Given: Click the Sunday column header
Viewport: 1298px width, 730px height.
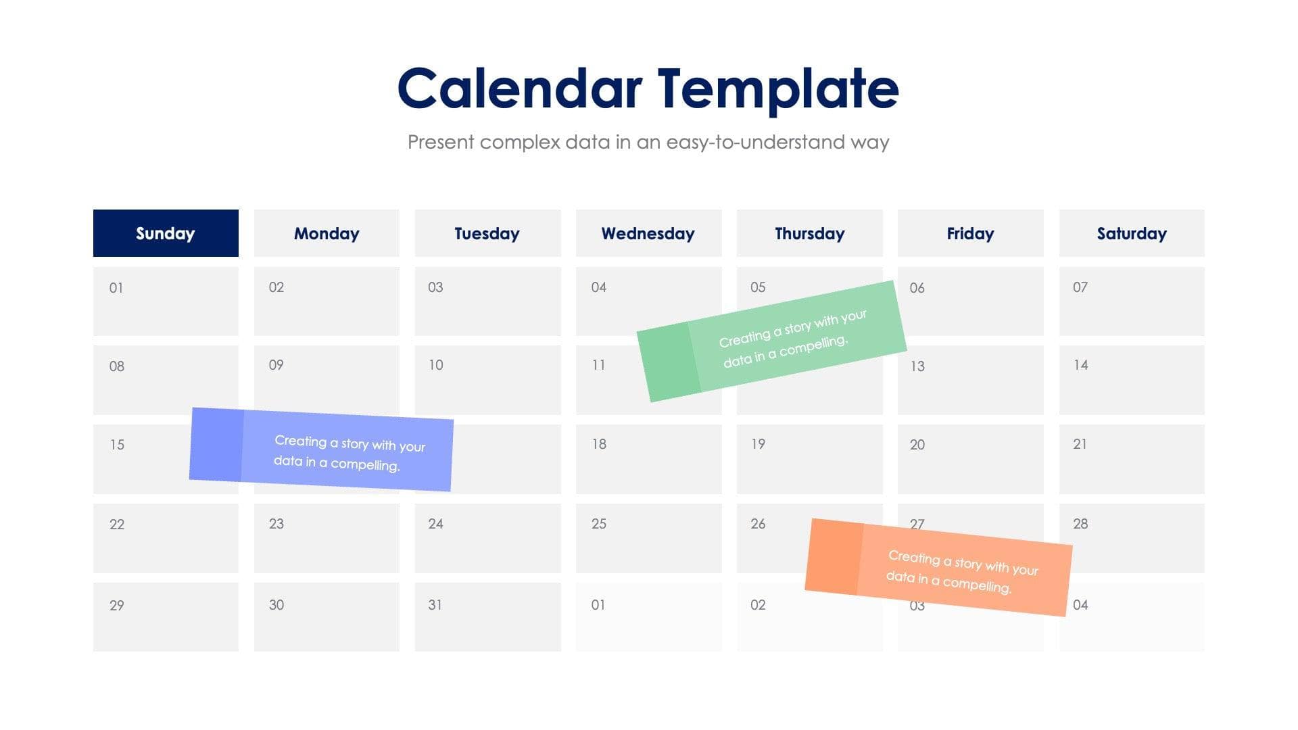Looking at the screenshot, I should pos(166,233).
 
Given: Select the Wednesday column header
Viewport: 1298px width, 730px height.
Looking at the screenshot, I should pos(648,233).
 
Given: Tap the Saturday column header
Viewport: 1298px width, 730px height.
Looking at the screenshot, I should pos(1131,233).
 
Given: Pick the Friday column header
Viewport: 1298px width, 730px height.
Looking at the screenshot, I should pos(970,233).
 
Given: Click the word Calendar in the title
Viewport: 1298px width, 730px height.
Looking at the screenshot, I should pos(519,89).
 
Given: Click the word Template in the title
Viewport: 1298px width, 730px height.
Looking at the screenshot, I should pos(777,89).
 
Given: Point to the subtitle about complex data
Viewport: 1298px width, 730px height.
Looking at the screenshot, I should pos(648,142).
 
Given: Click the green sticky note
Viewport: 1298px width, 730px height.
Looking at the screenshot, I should pos(772,341).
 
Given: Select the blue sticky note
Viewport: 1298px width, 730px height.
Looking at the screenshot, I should pos(322,449).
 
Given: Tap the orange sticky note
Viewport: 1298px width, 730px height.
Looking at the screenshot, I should pos(938,567).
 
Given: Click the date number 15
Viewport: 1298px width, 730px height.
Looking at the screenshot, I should pos(117,445).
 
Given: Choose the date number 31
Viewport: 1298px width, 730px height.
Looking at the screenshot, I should pos(435,605).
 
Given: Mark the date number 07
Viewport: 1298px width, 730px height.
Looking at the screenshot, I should pos(1080,287).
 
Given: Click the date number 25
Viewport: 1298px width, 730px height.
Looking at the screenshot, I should pos(598,524).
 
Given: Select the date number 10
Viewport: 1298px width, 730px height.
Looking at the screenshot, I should pos(435,365).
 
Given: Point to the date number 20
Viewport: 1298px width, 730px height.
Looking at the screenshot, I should pos(917,445).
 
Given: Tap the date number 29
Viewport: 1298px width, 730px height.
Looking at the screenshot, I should pos(117,606).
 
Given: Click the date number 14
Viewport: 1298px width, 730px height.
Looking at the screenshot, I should pos(1080,365).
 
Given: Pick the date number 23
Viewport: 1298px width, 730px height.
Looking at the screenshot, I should pos(276,524).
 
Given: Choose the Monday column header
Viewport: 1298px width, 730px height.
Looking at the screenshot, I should pos(327,233).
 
